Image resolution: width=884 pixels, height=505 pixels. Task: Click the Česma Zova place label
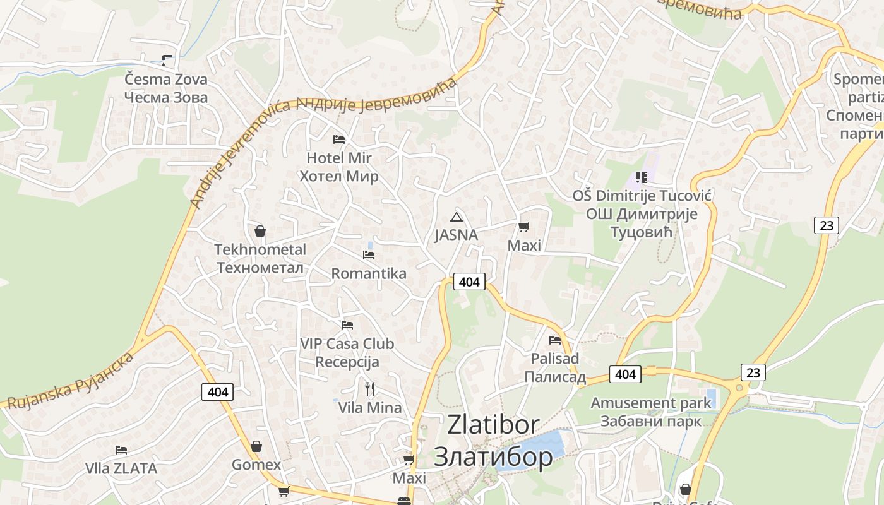click(x=165, y=88)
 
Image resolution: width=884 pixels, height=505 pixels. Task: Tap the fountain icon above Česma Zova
click(x=167, y=61)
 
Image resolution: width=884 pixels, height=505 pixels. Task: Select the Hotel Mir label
click(x=339, y=167)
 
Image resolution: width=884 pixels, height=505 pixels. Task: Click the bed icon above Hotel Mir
click(x=339, y=139)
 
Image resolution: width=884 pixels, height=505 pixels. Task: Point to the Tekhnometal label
click(x=260, y=258)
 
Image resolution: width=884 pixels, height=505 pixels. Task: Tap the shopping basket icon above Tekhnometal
click(x=260, y=231)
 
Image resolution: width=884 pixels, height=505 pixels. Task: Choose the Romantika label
click(x=369, y=273)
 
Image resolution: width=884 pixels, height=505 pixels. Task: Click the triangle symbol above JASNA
click(x=456, y=218)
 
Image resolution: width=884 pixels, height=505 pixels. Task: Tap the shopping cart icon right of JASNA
click(x=523, y=227)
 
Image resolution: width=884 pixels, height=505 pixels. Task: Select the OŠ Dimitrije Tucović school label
click(x=642, y=213)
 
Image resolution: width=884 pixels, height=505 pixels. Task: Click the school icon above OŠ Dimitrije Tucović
click(x=642, y=177)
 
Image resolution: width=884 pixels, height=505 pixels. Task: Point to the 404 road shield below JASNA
click(x=469, y=282)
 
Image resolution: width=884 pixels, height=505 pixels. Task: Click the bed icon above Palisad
click(x=555, y=340)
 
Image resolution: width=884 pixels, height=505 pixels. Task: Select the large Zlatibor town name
click(x=493, y=440)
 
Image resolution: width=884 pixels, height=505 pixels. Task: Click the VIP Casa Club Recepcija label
click(x=347, y=353)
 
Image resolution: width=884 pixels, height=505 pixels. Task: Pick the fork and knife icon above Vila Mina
click(x=370, y=389)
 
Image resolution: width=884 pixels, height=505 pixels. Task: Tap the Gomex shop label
click(x=256, y=465)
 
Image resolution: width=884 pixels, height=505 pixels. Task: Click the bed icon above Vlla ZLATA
click(x=121, y=450)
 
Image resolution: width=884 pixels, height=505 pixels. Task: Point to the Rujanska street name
click(x=69, y=381)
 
